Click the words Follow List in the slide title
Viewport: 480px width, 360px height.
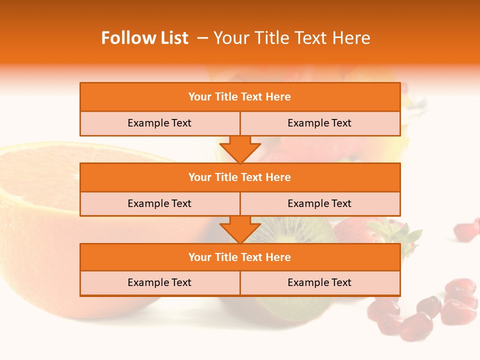[x=145, y=38]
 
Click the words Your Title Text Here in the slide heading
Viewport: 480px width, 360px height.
[x=291, y=38]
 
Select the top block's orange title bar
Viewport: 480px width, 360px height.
[x=240, y=97]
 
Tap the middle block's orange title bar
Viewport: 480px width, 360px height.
[x=240, y=177]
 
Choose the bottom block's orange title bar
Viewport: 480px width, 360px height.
[x=240, y=257]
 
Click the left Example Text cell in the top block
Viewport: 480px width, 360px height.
[x=159, y=123]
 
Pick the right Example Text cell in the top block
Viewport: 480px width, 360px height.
[x=319, y=123]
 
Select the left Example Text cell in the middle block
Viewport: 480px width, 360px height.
[x=159, y=203]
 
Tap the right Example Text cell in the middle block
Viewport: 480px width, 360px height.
[x=319, y=203]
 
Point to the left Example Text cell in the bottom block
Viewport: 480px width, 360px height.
[x=159, y=282]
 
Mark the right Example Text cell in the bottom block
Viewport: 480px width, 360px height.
[x=319, y=282]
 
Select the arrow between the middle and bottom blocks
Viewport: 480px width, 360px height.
[x=240, y=229]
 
